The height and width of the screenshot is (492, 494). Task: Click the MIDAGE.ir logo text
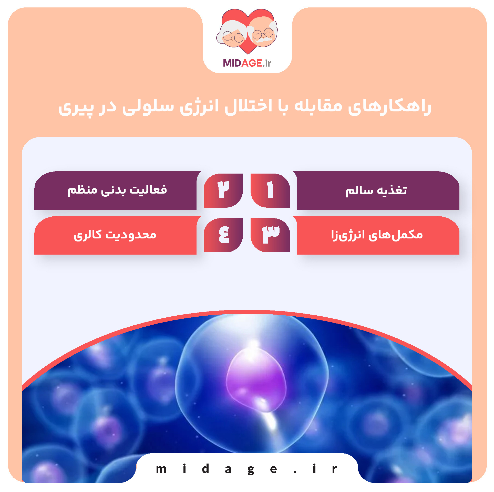[x=247, y=63]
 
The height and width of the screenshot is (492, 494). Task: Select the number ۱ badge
[x=270, y=190]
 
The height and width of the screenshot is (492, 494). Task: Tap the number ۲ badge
[x=223, y=190]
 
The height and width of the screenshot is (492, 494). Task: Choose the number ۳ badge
[x=270, y=235]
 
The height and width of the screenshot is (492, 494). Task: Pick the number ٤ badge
[x=223, y=235]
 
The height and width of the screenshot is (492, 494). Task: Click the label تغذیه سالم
[x=376, y=190]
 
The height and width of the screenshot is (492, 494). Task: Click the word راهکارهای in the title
[x=389, y=106]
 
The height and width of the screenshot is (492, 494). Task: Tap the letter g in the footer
[x=251, y=470]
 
